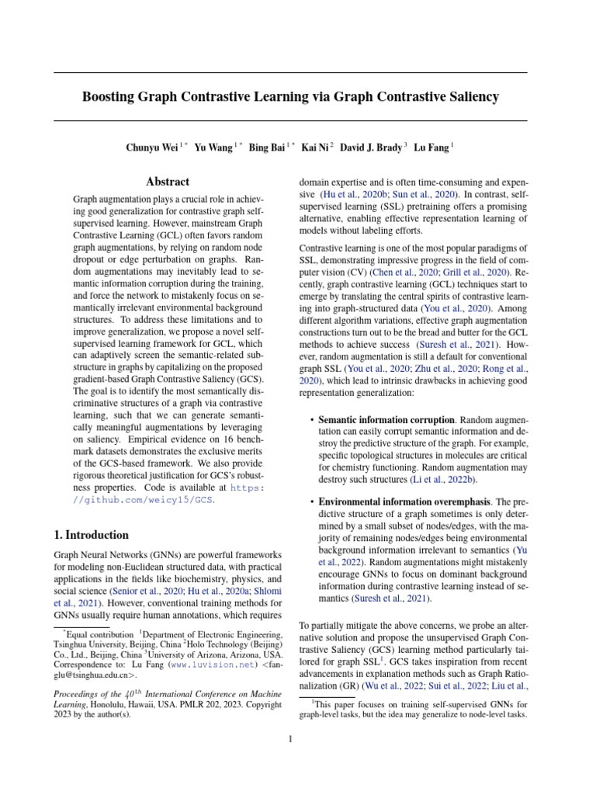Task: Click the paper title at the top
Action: pyautogui.click(x=290, y=97)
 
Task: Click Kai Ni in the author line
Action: pyautogui.click(x=315, y=146)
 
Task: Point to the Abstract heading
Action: pyautogui.click(x=168, y=182)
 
